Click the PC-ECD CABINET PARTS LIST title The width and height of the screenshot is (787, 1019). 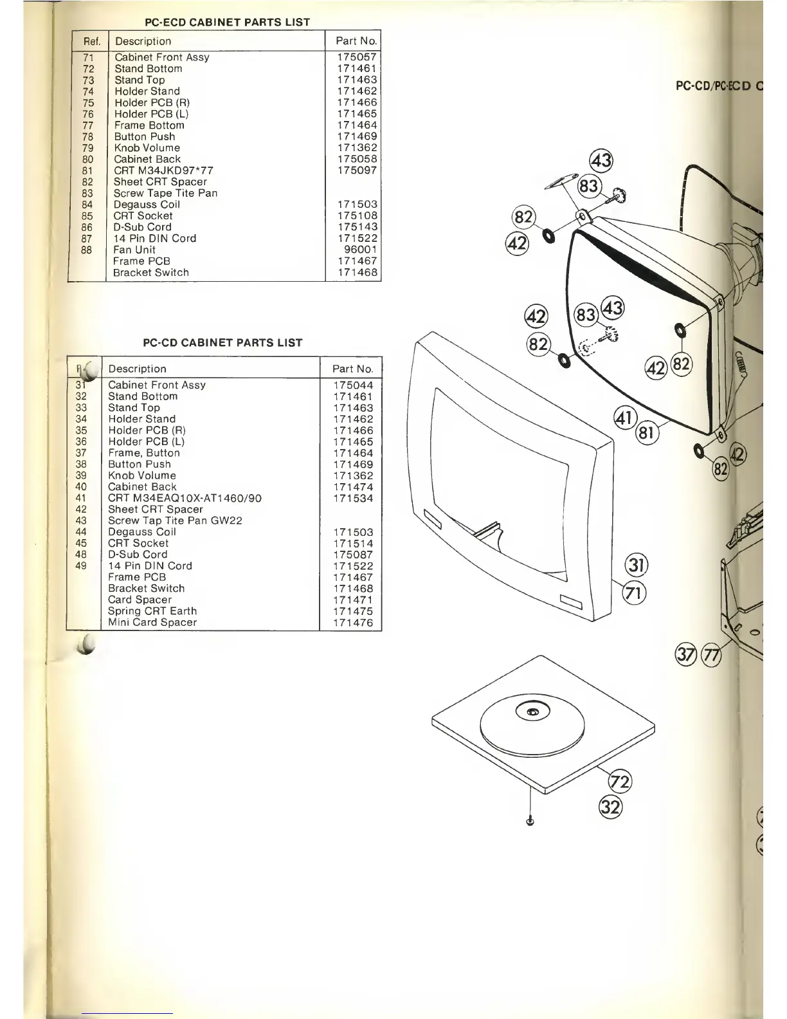(227, 22)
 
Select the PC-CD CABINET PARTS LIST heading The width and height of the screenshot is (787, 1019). (222, 343)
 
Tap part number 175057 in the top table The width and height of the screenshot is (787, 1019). (356, 57)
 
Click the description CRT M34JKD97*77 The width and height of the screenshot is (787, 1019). (163, 170)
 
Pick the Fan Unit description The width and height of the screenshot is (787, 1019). (134, 250)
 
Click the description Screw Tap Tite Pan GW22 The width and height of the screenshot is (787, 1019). (175, 520)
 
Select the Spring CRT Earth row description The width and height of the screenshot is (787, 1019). (152, 611)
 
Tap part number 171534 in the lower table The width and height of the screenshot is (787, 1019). (353, 498)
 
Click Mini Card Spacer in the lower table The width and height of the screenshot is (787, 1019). (152, 623)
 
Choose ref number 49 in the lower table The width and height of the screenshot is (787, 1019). (81, 566)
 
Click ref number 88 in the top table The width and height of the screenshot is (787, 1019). (87, 250)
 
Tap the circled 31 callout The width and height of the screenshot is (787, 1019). (636, 565)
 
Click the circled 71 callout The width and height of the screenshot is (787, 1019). (635, 592)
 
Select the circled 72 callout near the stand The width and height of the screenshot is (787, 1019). (620, 782)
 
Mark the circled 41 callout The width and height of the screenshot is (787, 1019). (625, 418)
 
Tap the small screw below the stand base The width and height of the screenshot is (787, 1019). (530, 821)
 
